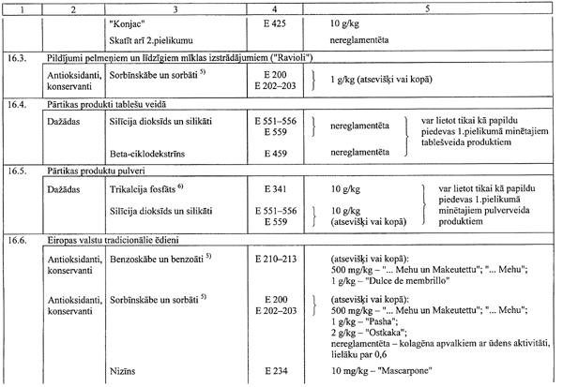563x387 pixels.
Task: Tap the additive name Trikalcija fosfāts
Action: pos(149,189)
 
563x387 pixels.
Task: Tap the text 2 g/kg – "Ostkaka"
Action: pos(367,331)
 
